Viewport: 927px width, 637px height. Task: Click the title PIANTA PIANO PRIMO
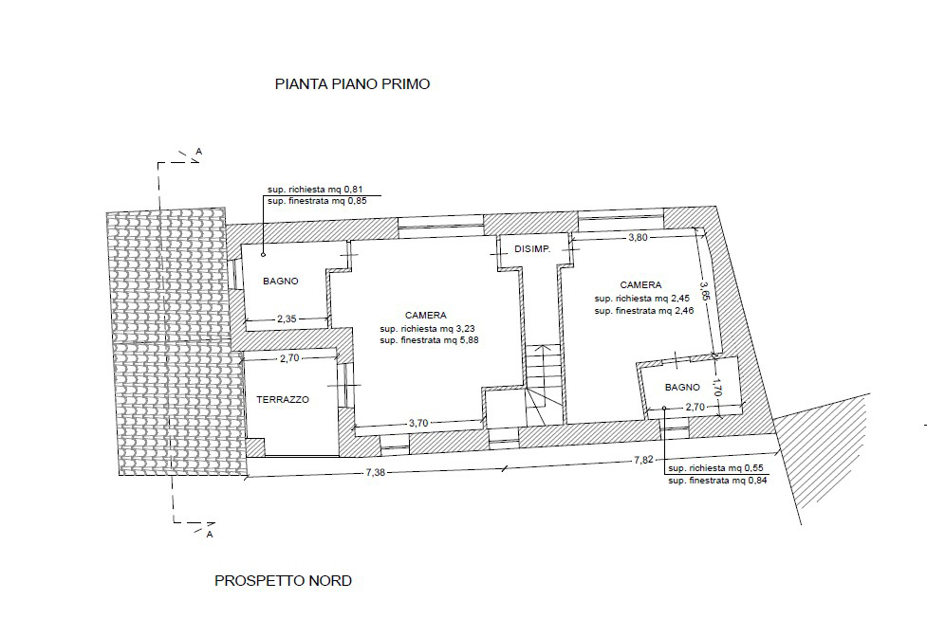(x=352, y=83)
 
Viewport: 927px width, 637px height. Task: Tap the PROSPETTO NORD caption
(x=283, y=581)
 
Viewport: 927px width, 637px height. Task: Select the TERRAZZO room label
(x=283, y=400)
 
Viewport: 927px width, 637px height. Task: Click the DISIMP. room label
(x=532, y=249)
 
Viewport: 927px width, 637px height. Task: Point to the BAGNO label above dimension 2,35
(x=281, y=282)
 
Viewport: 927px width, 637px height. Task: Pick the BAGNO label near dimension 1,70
(x=682, y=388)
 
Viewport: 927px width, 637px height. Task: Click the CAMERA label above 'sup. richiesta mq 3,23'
(x=426, y=316)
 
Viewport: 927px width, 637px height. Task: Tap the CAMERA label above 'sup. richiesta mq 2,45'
(x=640, y=285)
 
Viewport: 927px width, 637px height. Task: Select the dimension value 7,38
(x=376, y=472)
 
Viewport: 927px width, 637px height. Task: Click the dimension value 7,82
(x=644, y=460)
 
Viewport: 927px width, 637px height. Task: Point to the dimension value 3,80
(x=638, y=238)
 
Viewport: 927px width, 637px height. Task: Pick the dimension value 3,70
(x=418, y=423)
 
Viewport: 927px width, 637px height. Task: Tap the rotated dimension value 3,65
(x=705, y=291)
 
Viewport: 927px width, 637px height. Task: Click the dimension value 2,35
(x=287, y=318)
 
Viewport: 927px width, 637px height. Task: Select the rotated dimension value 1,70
(x=717, y=388)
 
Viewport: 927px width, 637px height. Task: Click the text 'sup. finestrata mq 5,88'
(x=429, y=340)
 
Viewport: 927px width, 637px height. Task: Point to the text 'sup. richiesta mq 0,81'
(x=315, y=190)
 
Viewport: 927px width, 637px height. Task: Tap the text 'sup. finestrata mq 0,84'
(x=717, y=481)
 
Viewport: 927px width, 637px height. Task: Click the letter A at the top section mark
(x=199, y=152)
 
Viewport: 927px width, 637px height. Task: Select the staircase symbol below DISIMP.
(x=544, y=384)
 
